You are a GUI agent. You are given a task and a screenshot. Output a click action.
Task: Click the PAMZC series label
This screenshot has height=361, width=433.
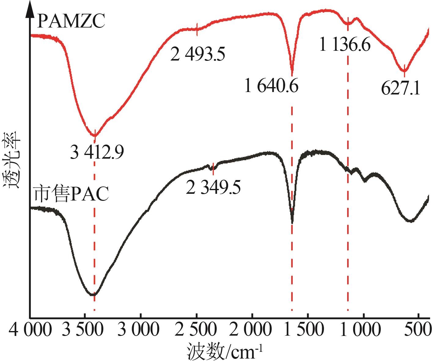[x=71, y=22]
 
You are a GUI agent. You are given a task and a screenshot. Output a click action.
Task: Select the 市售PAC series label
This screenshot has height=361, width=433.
[x=71, y=194]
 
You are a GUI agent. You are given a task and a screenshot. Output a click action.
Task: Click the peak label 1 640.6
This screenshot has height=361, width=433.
[x=271, y=87]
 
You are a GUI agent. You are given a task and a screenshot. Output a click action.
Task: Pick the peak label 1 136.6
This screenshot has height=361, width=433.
[x=345, y=45]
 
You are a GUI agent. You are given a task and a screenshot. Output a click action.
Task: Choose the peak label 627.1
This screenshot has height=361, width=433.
[x=401, y=89]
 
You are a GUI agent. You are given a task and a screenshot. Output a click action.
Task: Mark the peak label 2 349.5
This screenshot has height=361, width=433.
[x=213, y=187]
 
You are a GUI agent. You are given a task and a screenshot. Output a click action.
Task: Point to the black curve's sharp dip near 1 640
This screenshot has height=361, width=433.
[x=292, y=221]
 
